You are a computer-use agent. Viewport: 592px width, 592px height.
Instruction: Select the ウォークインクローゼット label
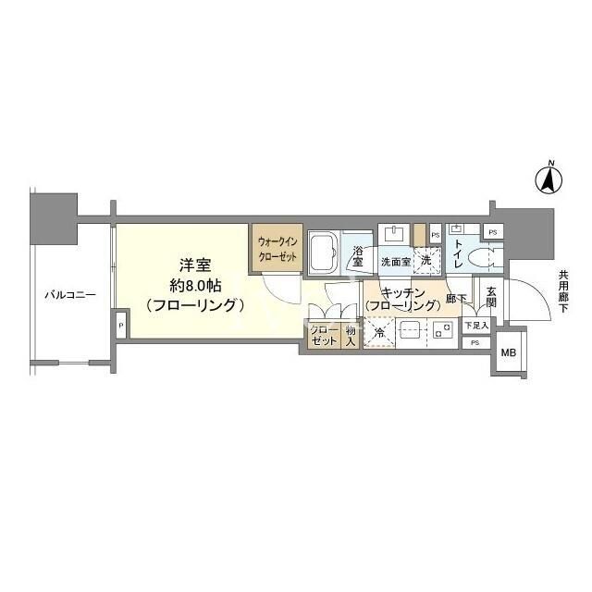[277, 250]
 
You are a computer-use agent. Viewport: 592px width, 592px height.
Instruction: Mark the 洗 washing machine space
[426, 261]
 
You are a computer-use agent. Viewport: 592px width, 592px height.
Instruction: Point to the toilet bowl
[487, 256]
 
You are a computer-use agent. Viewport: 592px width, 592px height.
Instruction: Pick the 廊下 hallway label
[455, 300]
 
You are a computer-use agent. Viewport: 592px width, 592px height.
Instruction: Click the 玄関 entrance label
[491, 295]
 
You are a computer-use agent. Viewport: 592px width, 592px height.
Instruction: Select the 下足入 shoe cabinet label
[475, 325]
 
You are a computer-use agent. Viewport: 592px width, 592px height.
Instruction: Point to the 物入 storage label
[351, 336]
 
